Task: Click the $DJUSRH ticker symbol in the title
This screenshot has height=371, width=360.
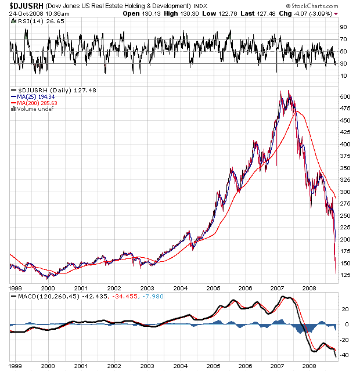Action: click(24, 5)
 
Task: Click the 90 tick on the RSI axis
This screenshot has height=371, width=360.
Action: click(343, 27)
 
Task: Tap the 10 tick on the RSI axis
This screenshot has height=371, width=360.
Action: click(343, 76)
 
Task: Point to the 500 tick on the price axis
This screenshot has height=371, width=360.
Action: click(345, 97)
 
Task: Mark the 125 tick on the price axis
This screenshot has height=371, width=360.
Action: click(345, 275)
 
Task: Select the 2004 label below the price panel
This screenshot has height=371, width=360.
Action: click(181, 287)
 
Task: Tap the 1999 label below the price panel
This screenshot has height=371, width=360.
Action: click(16, 287)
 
